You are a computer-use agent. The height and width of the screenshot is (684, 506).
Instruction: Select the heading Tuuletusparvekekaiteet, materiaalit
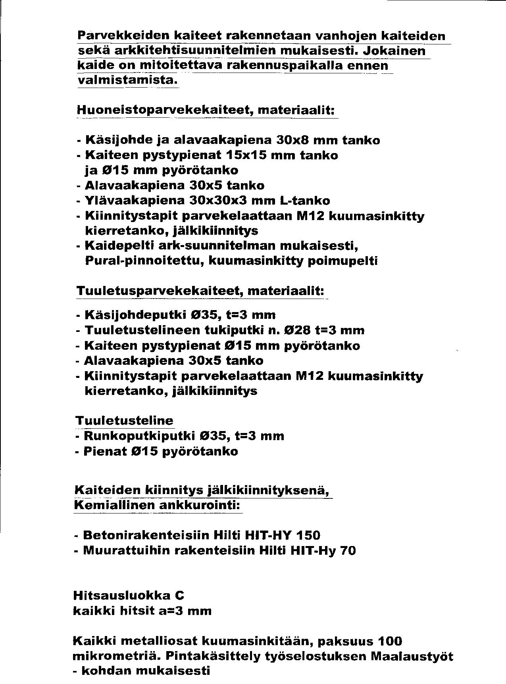pyautogui.click(x=200, y=291)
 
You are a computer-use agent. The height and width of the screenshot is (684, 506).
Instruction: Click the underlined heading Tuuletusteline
pyautogui.click(x=124, y=420)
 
